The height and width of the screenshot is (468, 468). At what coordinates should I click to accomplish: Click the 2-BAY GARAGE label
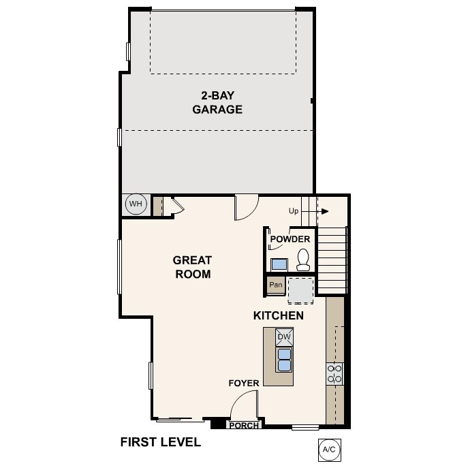tap(217, 102)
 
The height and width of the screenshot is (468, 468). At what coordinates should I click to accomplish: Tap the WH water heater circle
tap(136, 204)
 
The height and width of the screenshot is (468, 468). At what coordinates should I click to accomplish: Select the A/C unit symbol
tap(329, 450)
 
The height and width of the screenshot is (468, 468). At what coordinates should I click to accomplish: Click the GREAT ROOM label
tap(192, 267)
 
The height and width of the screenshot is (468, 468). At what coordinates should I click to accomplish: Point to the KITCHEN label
tap(278, 316)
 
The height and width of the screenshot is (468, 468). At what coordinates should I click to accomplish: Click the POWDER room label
tap(290, 239)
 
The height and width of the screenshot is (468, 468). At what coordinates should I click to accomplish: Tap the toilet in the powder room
tap(304, 259)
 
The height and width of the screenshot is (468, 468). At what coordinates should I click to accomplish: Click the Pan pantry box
tap(276, 285)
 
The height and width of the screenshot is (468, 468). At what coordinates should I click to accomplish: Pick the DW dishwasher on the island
tap(284, 337)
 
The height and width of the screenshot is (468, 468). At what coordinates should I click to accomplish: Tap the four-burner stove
tap(334, 373)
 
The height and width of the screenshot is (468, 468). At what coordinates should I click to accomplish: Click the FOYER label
tap(243, 384)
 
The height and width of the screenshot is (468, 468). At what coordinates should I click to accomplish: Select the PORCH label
tap(243, 426)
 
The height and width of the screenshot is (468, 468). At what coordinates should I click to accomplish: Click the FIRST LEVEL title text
tap(161, 442)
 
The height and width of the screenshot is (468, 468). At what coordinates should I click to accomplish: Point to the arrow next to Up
tap(322, 211)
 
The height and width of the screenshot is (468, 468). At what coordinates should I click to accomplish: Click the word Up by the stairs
tap(294, 211)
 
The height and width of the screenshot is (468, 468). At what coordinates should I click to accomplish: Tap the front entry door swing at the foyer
tap(244, 408)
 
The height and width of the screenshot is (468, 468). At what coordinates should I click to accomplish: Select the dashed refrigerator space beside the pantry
tap(300, 290)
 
